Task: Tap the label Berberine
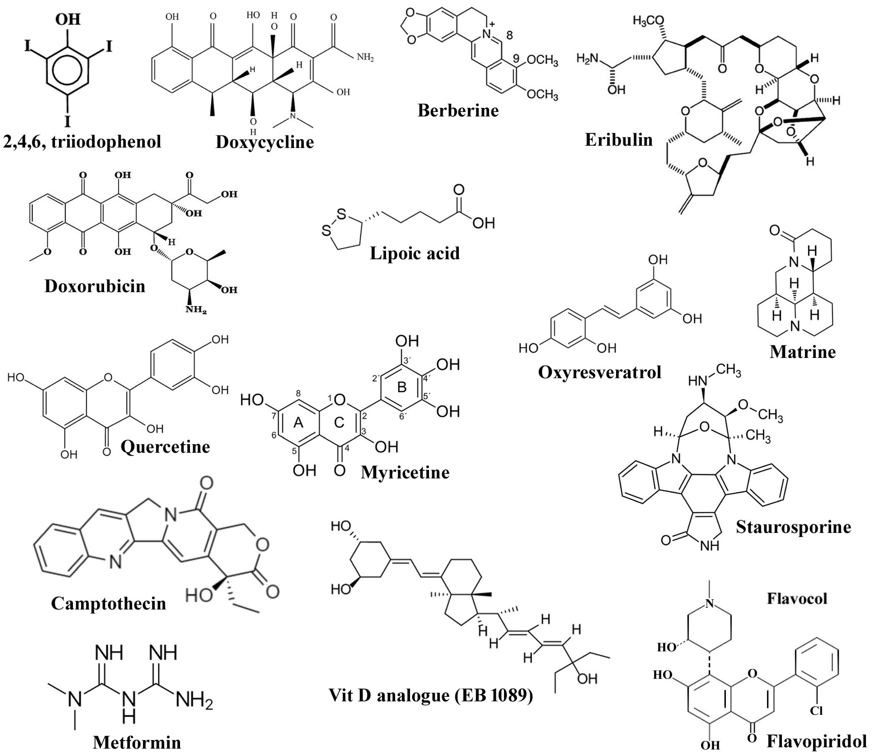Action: [458, 110]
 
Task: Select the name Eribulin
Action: [619, 139]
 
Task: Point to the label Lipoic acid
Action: [414, 253]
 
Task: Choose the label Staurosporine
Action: [793, 527]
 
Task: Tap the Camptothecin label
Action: [108, 604]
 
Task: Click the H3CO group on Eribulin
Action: [648, 21]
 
